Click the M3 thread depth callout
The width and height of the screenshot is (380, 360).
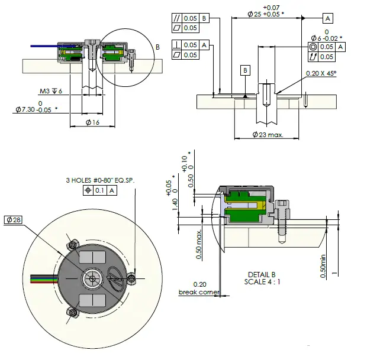point(51,91)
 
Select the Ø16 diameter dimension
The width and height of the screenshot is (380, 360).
point(92,122)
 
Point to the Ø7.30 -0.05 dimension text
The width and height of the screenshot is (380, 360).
point(36,109)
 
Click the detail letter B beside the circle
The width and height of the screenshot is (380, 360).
point(157,46)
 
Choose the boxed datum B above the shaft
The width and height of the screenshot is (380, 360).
point(246,70)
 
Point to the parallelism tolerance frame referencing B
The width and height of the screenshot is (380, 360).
point(191,18)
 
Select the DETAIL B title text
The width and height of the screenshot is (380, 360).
point(262,274)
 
